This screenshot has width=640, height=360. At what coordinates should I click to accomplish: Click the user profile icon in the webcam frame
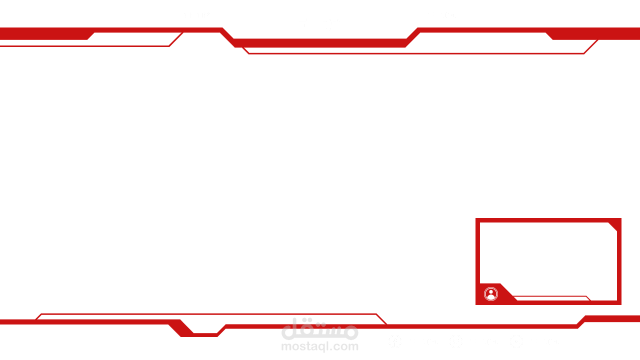click(x=491, y=294)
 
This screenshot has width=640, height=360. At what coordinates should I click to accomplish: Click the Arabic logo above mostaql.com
click(x=319, y=329)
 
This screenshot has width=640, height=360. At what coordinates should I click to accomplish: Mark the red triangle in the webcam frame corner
click(x=614, y=225)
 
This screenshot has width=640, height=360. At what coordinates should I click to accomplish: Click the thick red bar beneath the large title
click(x=319, y=43)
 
